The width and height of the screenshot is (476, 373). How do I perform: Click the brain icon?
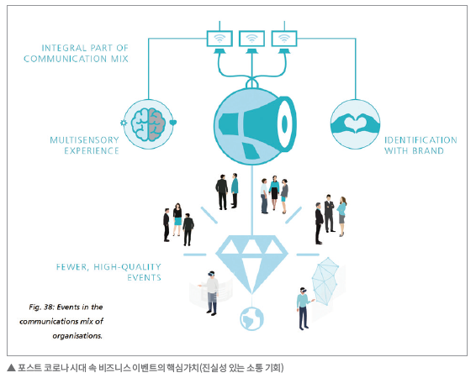coord(148,124)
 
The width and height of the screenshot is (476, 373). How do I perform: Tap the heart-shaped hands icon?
coord(355,123)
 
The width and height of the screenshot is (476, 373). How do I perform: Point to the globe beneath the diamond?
coord(251,318)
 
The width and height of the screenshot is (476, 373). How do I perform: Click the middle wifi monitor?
coord(251,39)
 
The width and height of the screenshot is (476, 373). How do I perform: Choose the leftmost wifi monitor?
coord(219,39)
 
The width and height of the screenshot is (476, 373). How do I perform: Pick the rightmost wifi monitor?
coord(284,39)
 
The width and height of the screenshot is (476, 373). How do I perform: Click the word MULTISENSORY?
coord(84,140)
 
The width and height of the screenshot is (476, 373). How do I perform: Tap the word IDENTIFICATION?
coord(420,140)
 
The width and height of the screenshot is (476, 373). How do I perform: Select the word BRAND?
coord(428,150)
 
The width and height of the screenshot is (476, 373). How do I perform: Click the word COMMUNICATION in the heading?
coord(66,59)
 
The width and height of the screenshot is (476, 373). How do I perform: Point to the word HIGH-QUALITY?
coord(127,267)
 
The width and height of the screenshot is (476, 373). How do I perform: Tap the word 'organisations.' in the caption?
coord(77,336)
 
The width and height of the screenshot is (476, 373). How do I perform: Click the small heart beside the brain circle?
coord(173,123)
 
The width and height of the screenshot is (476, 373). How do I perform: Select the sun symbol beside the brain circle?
coord(124,123)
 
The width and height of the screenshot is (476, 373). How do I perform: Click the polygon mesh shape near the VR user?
coord(325,281)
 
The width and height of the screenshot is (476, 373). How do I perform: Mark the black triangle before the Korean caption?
coord(11,368)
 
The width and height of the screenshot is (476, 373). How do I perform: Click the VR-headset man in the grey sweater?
coord(211,292)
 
